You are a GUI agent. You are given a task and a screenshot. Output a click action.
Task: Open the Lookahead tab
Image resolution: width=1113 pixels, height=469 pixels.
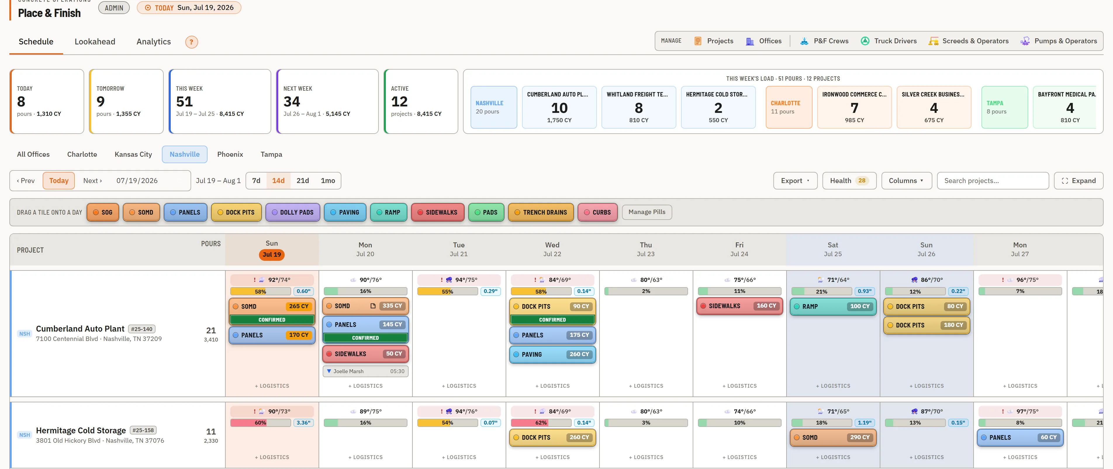click(95, 42)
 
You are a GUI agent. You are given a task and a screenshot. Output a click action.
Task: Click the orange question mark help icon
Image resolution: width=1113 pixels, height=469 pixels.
click(191, 42)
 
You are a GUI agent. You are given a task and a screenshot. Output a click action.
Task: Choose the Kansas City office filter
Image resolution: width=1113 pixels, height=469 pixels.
click(133, 154)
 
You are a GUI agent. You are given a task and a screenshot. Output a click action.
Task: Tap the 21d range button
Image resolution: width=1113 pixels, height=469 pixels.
click(303, 181)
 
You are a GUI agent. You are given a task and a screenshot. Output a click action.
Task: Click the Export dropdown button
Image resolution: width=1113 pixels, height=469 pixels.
click(795, 181)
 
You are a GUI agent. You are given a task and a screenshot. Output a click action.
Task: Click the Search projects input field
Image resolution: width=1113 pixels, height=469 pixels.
click(993, 181)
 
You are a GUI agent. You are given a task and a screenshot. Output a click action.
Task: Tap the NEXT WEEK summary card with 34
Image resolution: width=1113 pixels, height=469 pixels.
click(327, 101)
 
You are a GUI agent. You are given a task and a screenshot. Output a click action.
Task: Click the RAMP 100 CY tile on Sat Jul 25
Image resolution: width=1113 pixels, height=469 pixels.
click(833, 306)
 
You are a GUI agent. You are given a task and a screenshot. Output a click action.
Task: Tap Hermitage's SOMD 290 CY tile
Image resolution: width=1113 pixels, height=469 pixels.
click(833, 437)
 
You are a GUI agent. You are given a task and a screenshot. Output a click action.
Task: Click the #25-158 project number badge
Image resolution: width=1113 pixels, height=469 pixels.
click(143, 430)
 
